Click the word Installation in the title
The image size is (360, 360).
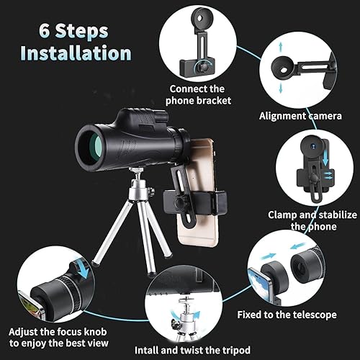[76, 53]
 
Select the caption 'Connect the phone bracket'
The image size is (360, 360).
[200, 94]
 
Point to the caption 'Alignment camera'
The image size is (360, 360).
[300, 115]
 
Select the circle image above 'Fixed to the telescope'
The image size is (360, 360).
[286, 270]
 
